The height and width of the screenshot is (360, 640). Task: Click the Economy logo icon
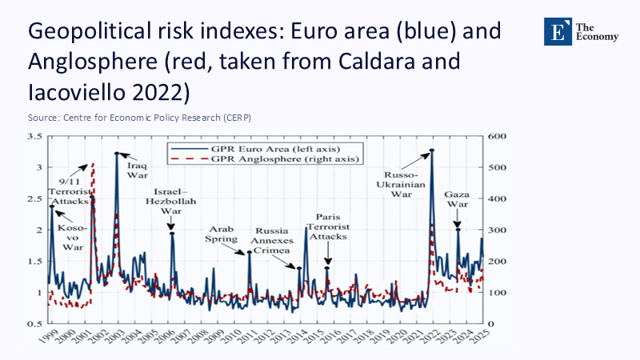point(555,30)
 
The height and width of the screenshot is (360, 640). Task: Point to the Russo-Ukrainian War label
point(396,184)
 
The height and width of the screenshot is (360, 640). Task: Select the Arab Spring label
point(222,233)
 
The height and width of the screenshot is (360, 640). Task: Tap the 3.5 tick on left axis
point(35,137)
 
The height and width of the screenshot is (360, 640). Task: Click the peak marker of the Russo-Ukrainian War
point(432,150)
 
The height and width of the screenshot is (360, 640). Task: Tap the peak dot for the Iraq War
point(117,154)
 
